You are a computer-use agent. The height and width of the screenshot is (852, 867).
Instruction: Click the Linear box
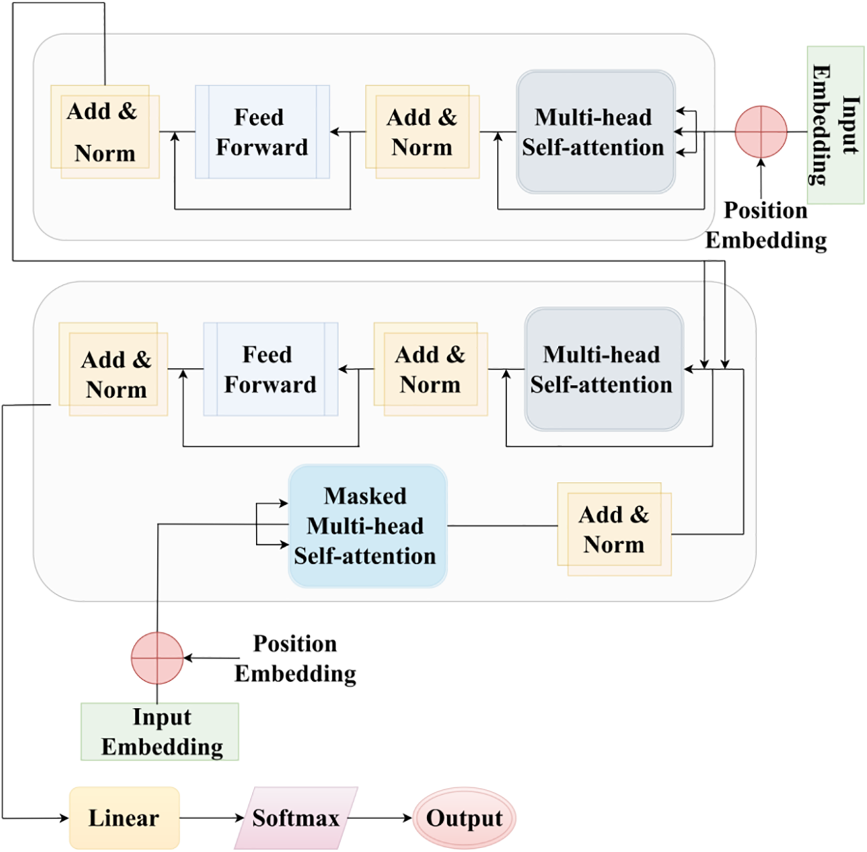click(x=124, y=818)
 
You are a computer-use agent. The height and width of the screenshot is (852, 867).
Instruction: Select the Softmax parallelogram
click(x=296, y=818)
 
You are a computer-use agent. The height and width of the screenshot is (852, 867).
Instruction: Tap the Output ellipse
click(x=465, y=818)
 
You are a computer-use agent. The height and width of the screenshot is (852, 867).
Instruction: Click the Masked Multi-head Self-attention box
click(x=367, y=525)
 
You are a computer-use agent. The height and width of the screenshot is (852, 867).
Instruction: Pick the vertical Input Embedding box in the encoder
click(x=835, y=125)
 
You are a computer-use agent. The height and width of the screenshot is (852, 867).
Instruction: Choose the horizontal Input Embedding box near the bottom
click(x=159, y=731)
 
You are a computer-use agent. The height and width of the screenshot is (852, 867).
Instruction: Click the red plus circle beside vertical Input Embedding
click(x=761, y=132)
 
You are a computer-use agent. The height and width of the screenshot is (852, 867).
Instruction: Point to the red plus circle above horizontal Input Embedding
click(x=157, y=658)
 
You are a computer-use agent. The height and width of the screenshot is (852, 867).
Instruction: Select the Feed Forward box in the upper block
click(x=262, y=132)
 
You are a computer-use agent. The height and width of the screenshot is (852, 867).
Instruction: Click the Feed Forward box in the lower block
click(x=271, y=369)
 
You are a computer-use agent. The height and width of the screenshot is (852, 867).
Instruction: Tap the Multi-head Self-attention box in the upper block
click(x=595, y=132)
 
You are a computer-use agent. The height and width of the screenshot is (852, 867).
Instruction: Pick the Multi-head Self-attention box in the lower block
click(x=605, y=369)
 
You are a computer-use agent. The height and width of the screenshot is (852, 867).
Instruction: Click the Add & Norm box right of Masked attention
click(x=614, y=529)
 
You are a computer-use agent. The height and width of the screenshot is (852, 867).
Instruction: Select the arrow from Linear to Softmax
click(x=212, y=818)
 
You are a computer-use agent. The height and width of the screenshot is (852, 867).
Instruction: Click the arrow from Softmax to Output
click(x=380, y=818)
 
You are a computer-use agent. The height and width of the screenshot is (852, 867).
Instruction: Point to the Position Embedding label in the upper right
click(x=766, y=225)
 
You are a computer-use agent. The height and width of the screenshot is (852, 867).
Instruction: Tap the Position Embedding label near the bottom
click(x=295, y=658)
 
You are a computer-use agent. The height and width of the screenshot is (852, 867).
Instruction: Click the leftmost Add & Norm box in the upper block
click(x=105, y=132)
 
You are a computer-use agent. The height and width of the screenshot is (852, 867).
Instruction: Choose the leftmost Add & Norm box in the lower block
click(x=113, y=369)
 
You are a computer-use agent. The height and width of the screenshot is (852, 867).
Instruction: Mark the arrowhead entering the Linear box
click(x=65, y=818)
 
